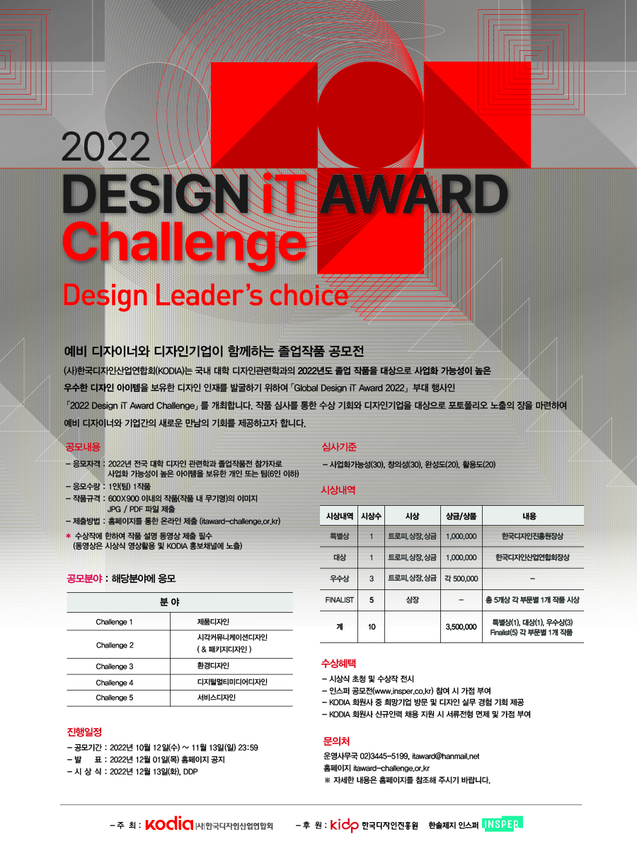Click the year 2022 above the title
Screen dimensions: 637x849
(x=105, y=146)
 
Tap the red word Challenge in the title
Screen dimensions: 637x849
(x=185, y=243)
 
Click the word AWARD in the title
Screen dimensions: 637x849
(x=414, y=193)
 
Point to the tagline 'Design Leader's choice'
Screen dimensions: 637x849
(x=205, y=296)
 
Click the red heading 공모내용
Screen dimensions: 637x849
(x=83, y=446)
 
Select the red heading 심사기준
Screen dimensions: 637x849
(x=339, y=446)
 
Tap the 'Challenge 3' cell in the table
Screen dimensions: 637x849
(x=115, y=666)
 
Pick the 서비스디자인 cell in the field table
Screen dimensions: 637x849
(x=216, y=698)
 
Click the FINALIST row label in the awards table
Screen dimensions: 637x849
(x=339, y=599)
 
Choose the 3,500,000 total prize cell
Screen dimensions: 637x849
(x=461, y=627)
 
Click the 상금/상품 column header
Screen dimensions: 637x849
(x=461, y=516)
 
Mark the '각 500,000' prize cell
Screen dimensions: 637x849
(x=461, y=578)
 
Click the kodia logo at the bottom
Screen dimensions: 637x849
(x=169, y=824)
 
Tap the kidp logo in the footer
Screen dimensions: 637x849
(x=344, y=825)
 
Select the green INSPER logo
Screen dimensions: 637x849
(x=503, y=824)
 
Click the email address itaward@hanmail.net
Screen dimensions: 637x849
(x=446, y=756)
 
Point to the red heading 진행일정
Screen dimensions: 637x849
(x=84, y=732)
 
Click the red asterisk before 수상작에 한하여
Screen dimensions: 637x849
(x=69, y=536)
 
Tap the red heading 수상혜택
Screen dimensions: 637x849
(x=338, y=664)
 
